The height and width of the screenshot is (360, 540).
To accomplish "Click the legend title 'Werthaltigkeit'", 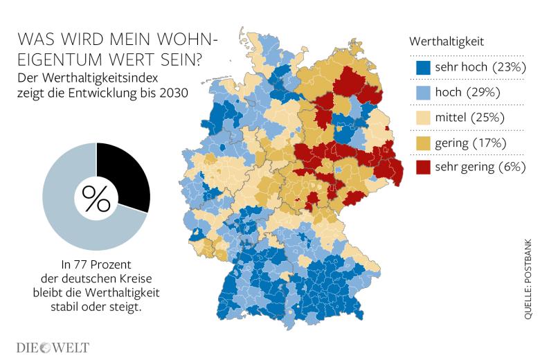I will (x=447, y=42).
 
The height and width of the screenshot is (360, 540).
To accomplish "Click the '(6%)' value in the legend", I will (x=510, y=168).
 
